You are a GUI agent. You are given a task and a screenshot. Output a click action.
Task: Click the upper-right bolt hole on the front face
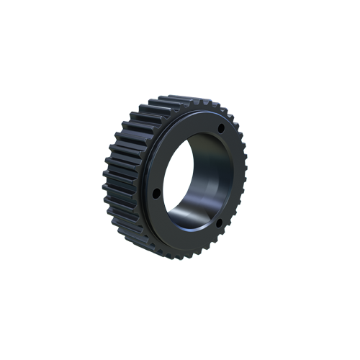click(x=220, y=129)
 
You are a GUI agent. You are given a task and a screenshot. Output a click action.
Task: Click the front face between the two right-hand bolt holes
click(x=229, y=176)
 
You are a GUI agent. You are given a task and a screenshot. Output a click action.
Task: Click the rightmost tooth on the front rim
click(x=245, y=176)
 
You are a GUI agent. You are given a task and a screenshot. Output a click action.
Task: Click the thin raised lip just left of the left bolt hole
click(x=147, y=193)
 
